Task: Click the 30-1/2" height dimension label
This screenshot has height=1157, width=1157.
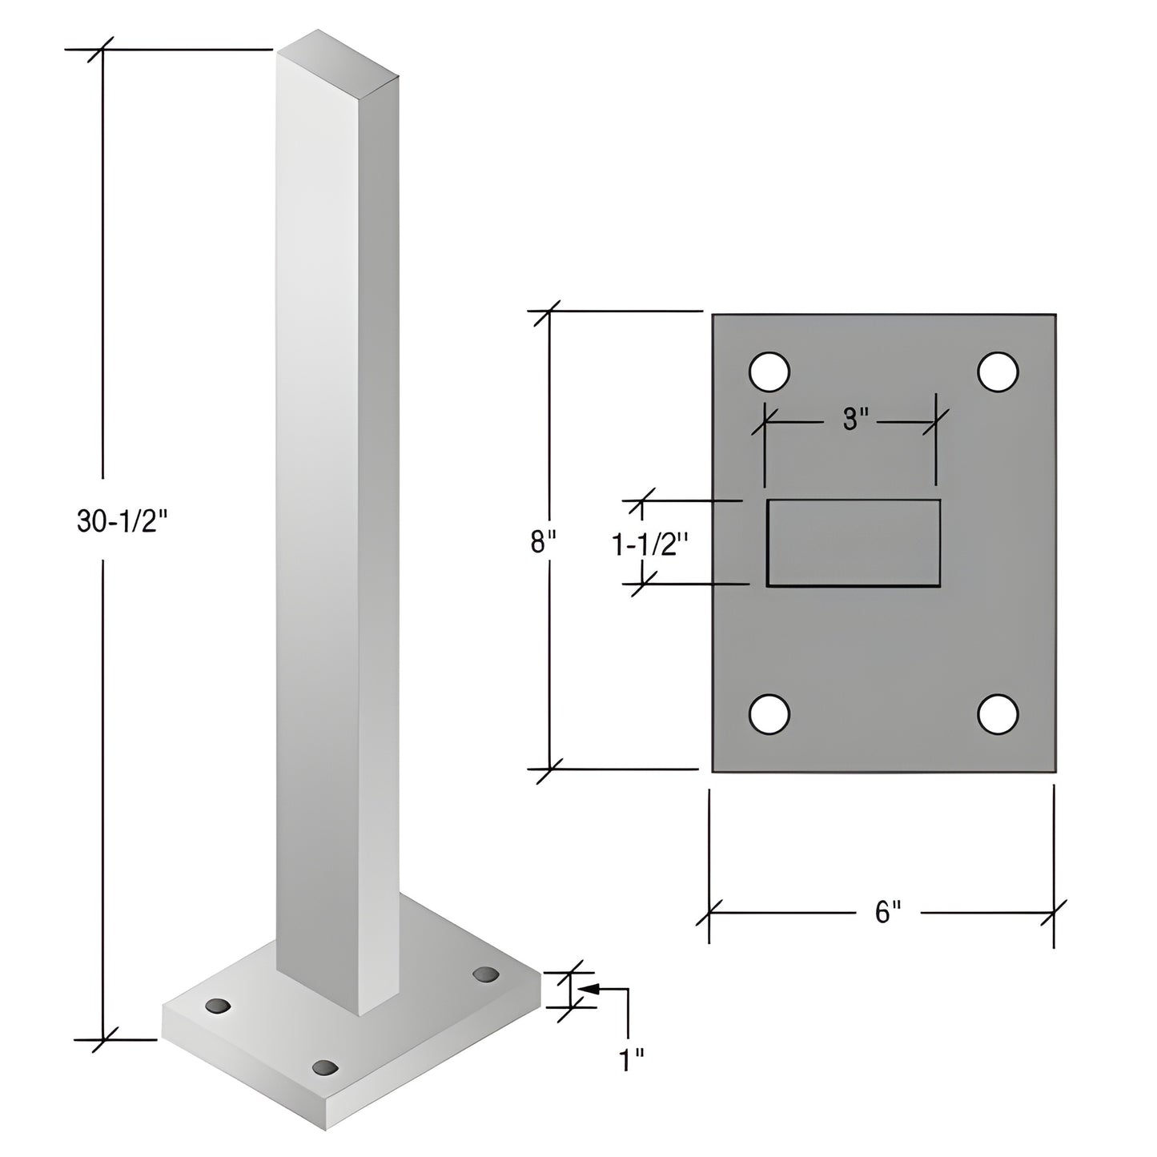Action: click(x=124, y=521)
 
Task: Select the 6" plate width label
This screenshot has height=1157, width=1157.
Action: click(x=887, y=911)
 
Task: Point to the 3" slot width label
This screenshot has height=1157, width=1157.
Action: click(x=855, y=419)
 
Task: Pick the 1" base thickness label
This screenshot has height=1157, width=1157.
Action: click(x=632, y=1061)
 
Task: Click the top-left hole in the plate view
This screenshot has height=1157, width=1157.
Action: click(x=769, y=372)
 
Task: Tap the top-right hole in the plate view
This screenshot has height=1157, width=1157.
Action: click(x=998, y=372)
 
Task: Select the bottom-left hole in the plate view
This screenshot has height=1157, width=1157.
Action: click(x=769, y=713)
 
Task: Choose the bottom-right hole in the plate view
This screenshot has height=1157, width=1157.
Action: click(x=998, y=713)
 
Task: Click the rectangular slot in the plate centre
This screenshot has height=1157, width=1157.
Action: click(x=854, y=543)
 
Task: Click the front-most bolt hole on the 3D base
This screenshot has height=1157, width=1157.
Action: click(x=325, y=1067)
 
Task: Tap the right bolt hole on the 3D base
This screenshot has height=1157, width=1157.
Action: click(x=485, y=974)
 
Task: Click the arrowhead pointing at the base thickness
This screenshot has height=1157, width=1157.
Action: click(x=588, y=989)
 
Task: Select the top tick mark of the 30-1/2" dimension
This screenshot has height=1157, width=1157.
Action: click(x=102, y=50)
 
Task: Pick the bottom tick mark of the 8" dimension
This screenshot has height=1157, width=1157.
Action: click(x=549, y=769)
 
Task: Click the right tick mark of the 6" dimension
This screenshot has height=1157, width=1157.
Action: click(x=1054, y=911)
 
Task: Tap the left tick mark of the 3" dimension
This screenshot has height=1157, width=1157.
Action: click(x=765, y=419)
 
